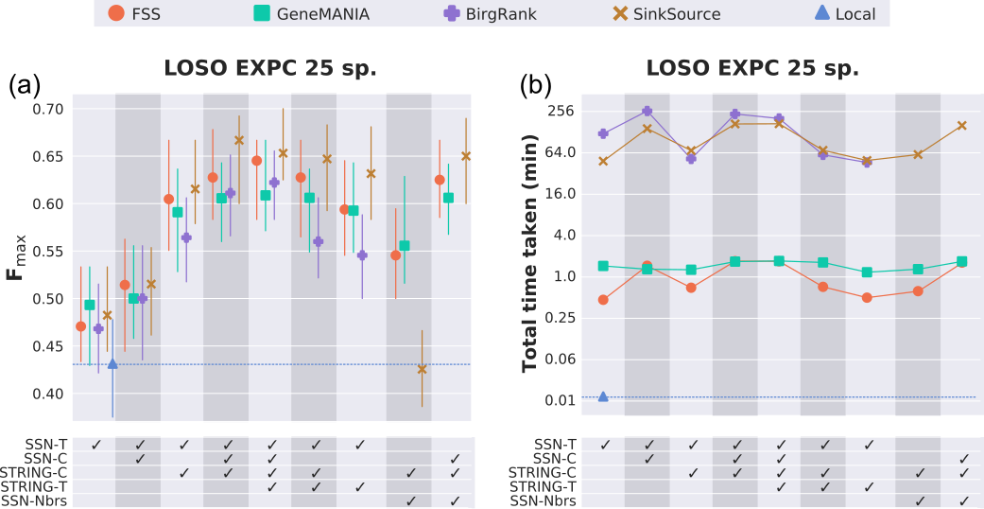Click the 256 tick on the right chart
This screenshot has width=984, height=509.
561,111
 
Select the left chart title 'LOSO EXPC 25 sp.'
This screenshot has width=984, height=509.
270,69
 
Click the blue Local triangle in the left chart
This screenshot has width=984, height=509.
112,363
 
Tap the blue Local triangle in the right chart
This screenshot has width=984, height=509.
603,396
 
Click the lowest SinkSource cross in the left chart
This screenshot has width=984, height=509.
422,369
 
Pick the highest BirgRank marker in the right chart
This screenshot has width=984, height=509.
647,112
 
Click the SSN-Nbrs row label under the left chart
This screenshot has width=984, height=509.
34,501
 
